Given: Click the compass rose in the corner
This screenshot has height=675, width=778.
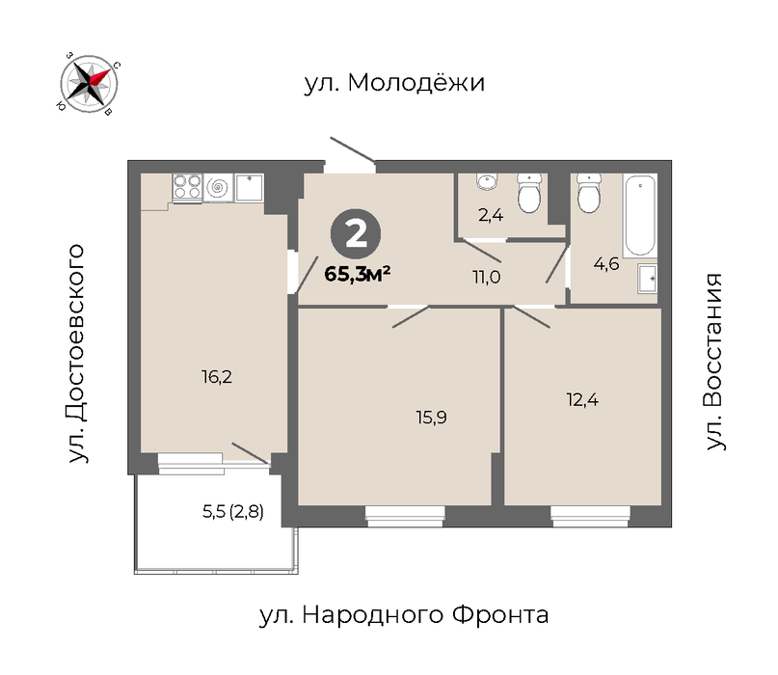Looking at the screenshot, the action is (x=89, y=83).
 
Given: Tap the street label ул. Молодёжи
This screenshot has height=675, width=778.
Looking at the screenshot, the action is (x=394, y=82).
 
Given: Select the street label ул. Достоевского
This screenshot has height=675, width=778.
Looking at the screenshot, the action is (x=77, y=353).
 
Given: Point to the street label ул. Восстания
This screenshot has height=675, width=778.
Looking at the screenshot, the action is (x=714, y=362).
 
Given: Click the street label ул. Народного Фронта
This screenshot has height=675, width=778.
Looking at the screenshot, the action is (x=404, y=615).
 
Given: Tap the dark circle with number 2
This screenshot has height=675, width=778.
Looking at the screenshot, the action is (x=356, y=234).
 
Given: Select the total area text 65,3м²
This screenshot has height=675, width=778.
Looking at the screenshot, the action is (x=358, y=274).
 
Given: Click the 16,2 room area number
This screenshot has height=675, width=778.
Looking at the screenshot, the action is (x=217, y=377).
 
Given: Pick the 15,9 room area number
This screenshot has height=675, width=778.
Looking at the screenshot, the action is (x=431, y=418).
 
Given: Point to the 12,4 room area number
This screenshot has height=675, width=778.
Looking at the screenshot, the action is (x=582, y=399).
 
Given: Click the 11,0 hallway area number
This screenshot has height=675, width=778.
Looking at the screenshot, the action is (x=487, y=278).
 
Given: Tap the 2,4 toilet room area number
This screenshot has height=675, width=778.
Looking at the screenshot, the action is (x=491, y=215).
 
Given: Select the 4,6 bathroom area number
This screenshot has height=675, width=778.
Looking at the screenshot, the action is (x=606, y=263).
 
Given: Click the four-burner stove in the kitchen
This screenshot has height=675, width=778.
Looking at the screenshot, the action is (x=187, y=187).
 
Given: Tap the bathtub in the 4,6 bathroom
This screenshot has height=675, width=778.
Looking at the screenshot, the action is (x=640, y=215).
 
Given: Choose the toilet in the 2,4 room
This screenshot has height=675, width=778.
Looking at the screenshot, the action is (x=529, y=193).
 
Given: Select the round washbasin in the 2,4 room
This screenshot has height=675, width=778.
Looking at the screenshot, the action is (x=487, y=181).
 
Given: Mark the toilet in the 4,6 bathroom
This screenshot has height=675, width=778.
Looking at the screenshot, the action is (x=589, y=193).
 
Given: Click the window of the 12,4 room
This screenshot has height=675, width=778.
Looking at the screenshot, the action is (x=590, y=516).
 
